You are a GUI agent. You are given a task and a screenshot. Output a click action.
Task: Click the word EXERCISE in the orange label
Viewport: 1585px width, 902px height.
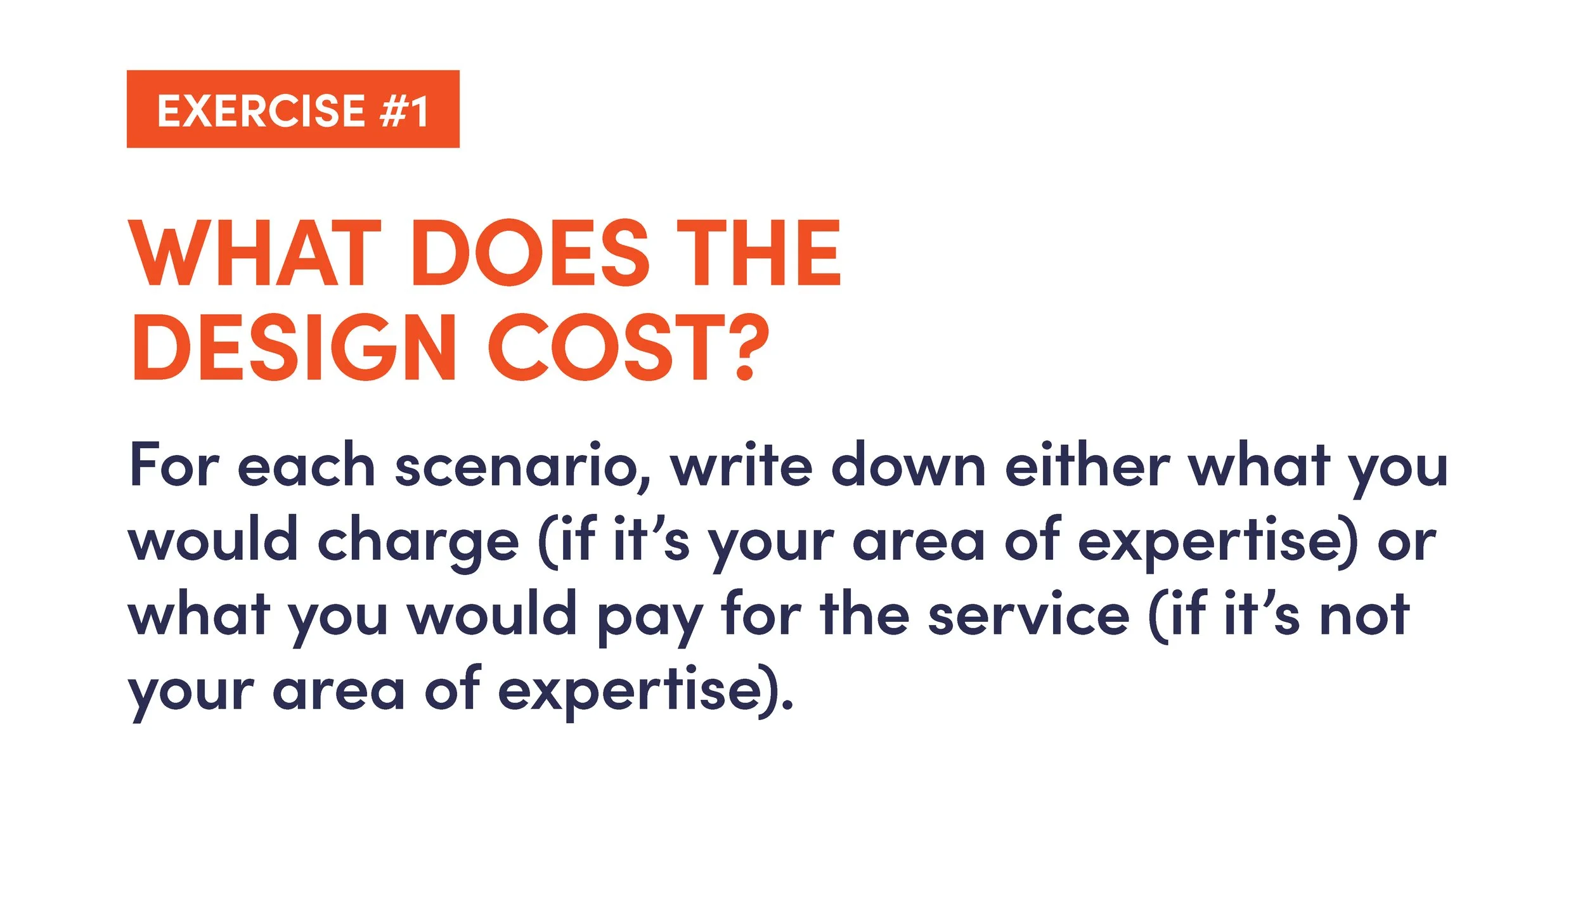261,111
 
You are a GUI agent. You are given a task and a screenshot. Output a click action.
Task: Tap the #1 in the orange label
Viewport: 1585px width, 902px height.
404,111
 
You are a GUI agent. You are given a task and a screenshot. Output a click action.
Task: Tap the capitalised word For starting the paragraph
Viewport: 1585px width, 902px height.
174,466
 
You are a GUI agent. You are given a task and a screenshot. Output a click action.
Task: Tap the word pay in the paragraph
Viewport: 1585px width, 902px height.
650,618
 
